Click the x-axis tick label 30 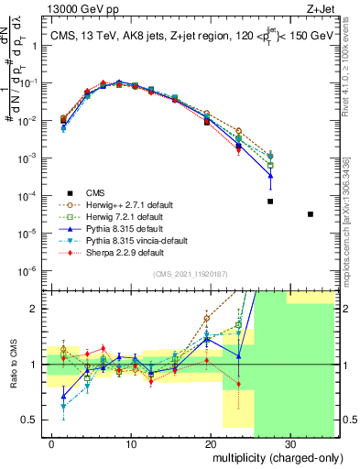[289, 444]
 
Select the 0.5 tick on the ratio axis [35, 420]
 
